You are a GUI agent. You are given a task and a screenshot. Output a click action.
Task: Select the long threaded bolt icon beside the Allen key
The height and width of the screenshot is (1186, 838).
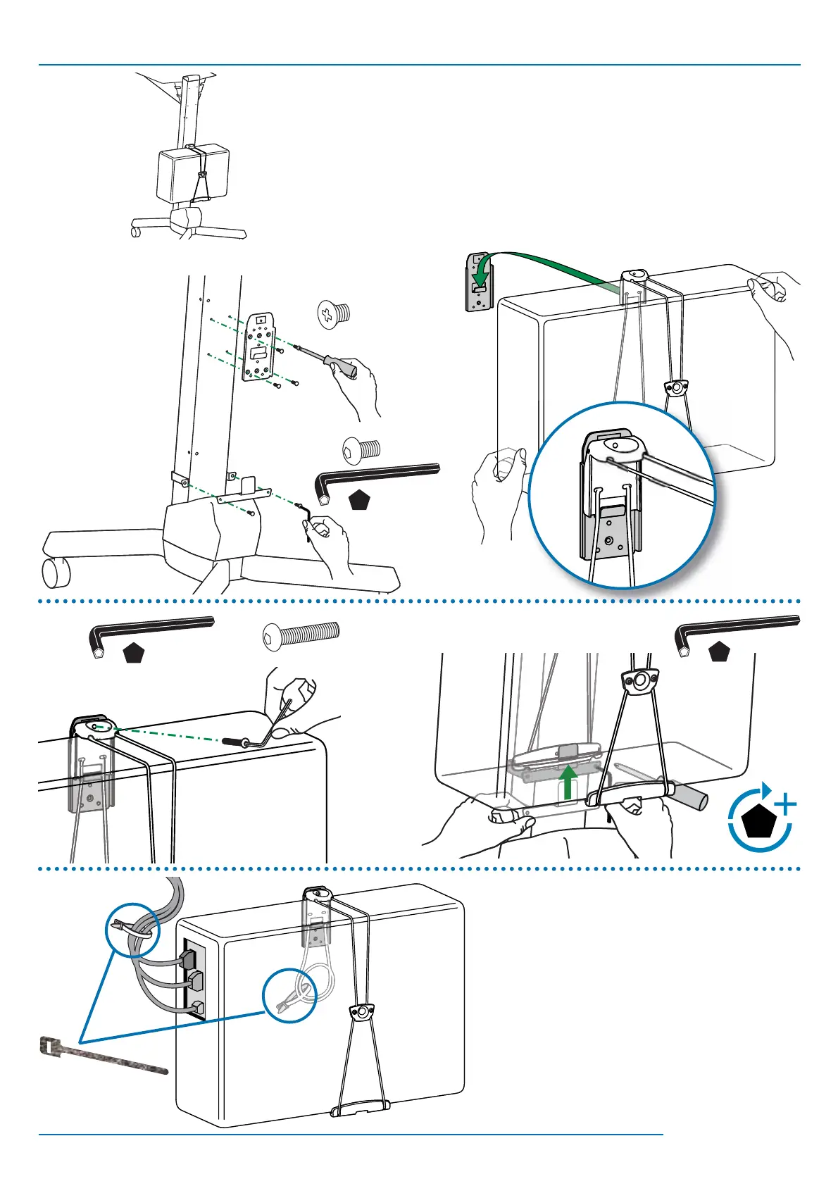[x=301, y=635]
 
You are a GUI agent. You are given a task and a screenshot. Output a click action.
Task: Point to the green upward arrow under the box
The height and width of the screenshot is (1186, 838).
[x=569, y=781]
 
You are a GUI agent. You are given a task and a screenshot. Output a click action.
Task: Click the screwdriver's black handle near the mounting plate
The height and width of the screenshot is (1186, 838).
[x=337, y=363]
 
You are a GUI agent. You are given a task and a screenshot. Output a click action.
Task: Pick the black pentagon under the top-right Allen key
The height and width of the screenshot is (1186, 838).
[x=719, y=652]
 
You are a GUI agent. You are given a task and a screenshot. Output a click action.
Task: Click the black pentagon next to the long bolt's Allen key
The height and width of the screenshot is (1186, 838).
[x=134, y=654]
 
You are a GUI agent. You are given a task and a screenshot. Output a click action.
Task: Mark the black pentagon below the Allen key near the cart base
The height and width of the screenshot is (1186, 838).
[x=360, y=500]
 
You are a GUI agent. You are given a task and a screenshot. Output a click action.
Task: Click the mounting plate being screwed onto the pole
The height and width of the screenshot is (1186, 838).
[x=258, y=347]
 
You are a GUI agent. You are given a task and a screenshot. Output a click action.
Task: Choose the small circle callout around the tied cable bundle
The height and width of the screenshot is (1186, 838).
[x=132, y=930]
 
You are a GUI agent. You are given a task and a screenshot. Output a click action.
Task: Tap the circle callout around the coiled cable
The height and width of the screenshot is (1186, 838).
[x=290, y=997]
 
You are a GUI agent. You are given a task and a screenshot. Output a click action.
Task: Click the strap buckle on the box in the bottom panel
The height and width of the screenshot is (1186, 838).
[x=362, y=1012]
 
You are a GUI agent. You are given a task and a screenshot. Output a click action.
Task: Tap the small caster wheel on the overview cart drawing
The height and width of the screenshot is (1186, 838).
[x=137, y=230]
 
